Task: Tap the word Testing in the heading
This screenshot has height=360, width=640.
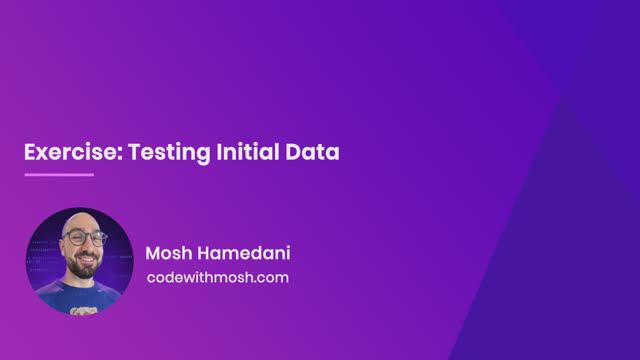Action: click(x=153, y=153)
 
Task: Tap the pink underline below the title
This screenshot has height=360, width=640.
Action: click(x=58, y=175)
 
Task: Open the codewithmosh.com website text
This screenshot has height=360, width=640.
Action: click(x=217, y=277)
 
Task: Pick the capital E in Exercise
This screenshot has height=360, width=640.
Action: click(x=30, y=153)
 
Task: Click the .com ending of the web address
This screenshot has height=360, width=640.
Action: click(x=270, y=277)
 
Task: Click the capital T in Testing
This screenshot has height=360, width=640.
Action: click(x=125, y=153)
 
